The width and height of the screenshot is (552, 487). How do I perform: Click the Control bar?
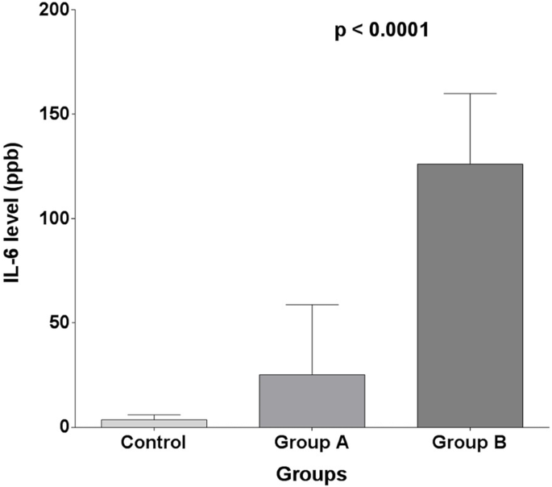[153, 422]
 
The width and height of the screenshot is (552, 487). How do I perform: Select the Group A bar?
[312, 401]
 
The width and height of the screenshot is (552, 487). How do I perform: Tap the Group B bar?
[470, 295]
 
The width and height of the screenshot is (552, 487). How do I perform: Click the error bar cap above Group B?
[470, 94]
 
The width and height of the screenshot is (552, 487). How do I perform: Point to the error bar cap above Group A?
[312, 305]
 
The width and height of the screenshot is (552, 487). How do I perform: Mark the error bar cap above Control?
[153, 415]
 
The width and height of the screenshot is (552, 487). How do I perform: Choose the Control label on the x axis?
[153, 443]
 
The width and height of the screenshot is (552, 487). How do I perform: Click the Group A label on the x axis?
[312, 443]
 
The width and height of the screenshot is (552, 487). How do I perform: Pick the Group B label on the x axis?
[470, 443]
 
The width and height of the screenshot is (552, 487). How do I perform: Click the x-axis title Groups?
[312, 474]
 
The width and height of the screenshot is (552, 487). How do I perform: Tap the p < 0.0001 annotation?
[381, 31]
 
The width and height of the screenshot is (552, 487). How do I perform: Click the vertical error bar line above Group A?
[312, 339]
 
